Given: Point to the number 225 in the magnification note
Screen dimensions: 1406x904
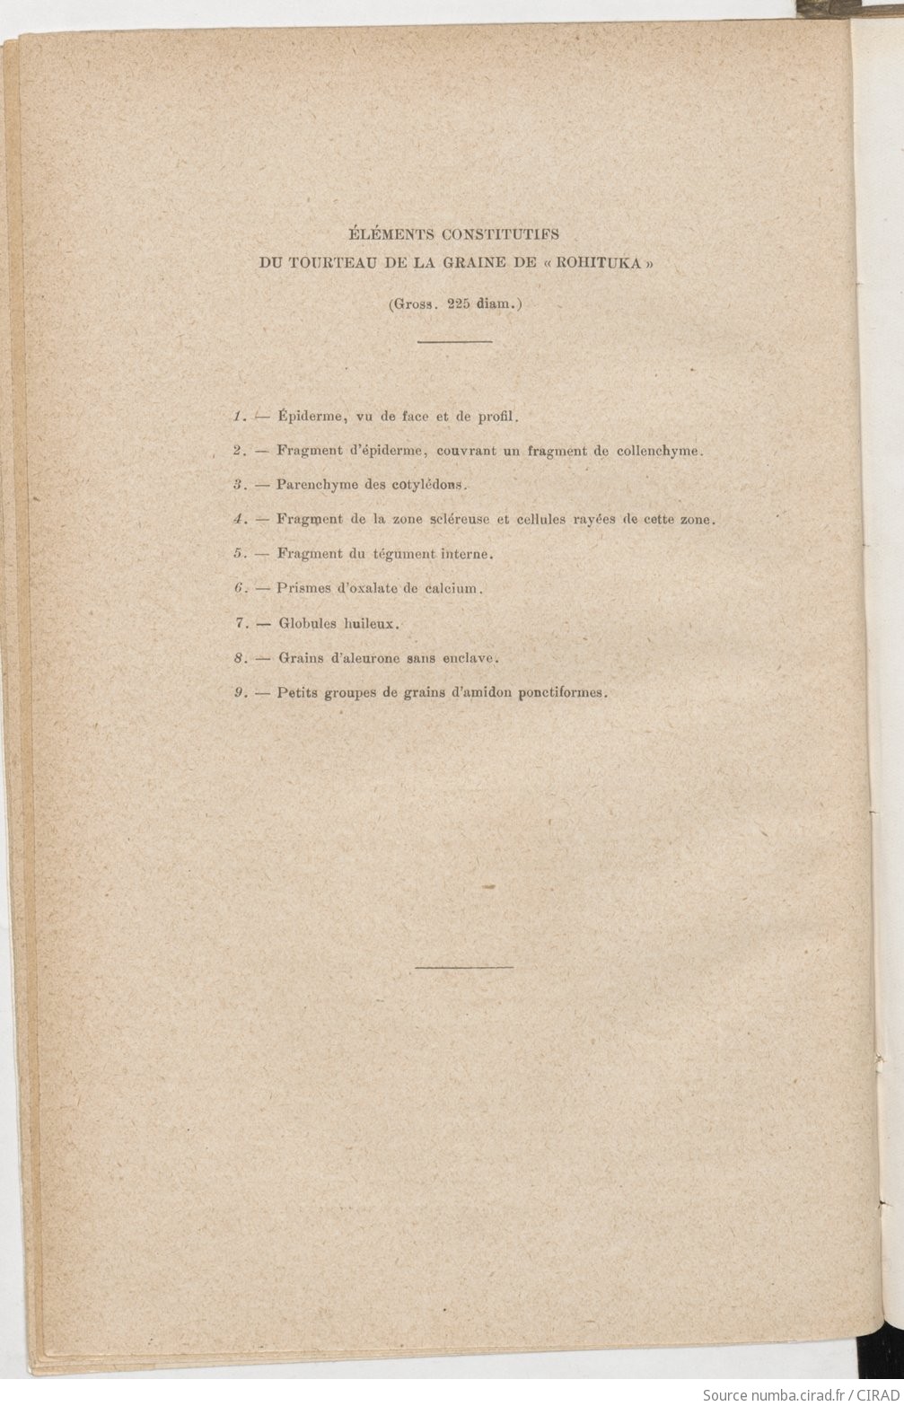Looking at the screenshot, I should (460, 303).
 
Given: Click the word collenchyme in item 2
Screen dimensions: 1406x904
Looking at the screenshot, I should (658, 451).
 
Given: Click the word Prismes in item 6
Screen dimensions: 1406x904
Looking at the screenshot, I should (304, 589).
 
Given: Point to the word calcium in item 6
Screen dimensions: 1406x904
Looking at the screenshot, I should (457, 589).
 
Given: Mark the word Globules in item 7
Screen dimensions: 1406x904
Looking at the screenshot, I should (307, 623).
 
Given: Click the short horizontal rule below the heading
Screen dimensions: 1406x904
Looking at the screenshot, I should (455, 341).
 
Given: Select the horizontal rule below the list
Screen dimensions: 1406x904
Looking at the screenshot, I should (465, 967).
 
